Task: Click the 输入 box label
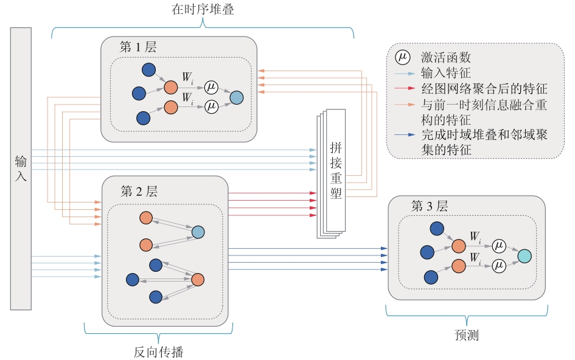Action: (21, 169)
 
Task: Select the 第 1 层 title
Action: (138, 47)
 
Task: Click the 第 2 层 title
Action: (139, 192)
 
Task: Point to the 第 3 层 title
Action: (430, 206)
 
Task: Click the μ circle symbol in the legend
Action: (402, 58)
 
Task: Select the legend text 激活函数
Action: (446, 58)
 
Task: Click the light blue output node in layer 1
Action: (236, 97)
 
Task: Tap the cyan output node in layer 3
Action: (524, 256)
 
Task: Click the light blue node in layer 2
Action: (198, 232)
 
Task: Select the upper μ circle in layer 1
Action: (211, 86)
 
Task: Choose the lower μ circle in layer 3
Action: (499, 265)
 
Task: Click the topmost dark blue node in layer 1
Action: (148, 70)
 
